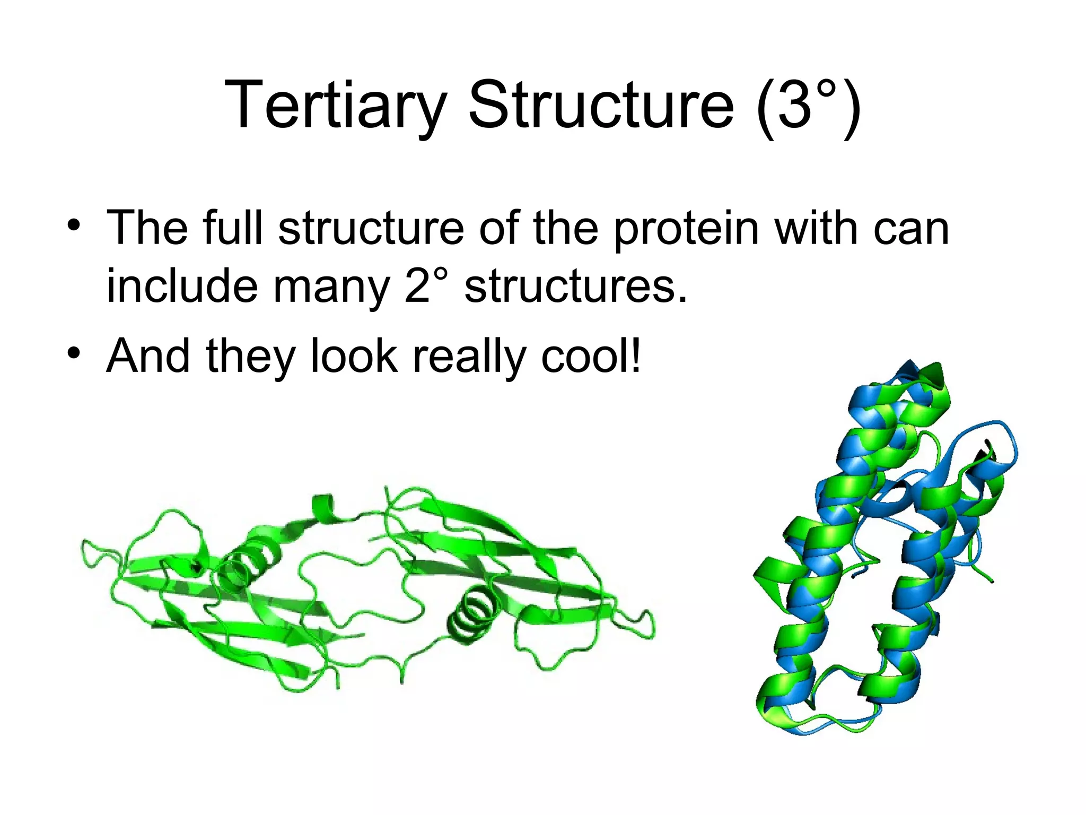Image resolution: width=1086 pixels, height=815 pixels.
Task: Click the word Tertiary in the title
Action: pyautogui.click(x=335, y=105)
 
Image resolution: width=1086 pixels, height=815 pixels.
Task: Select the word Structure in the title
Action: pyautogui.click(x=601, y=105)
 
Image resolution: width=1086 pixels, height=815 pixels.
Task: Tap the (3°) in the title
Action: pyautogui.click(x=808, y=105)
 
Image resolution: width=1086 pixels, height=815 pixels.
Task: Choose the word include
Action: pyautogui.click(x=181, y=287)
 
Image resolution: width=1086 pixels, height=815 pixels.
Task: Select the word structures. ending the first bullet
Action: pyautogui.click(x=575, y=287)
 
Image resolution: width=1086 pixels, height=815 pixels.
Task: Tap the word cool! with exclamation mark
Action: pyautogui.click(x=591, y=357)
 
